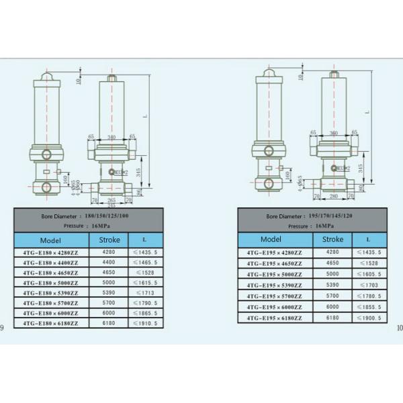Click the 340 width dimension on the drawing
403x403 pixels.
(x=111, y=137)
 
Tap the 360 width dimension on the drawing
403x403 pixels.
(x=333, y=133)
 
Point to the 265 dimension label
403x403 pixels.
(x=113, y=199)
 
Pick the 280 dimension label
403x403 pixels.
(x=333, y=196)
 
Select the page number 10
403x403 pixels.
(x=399, y=328)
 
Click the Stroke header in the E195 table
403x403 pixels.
(x=332, y=239)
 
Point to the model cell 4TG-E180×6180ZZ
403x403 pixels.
(x=50, y=323)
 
